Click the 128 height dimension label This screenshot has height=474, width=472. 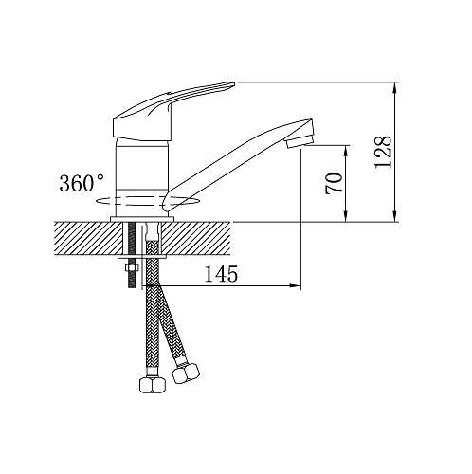coord(383,152)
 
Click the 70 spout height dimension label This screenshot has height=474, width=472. coord(334,183)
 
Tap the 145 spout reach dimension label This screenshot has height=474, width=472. coord(221,274)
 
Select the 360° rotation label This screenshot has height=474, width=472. coord(82,183)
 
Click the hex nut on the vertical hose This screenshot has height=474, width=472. coord(153,385)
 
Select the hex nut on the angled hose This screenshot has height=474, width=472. coord(186,373)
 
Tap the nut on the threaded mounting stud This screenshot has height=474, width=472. coord(132,268)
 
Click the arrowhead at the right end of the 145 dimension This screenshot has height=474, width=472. coord(296,286)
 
